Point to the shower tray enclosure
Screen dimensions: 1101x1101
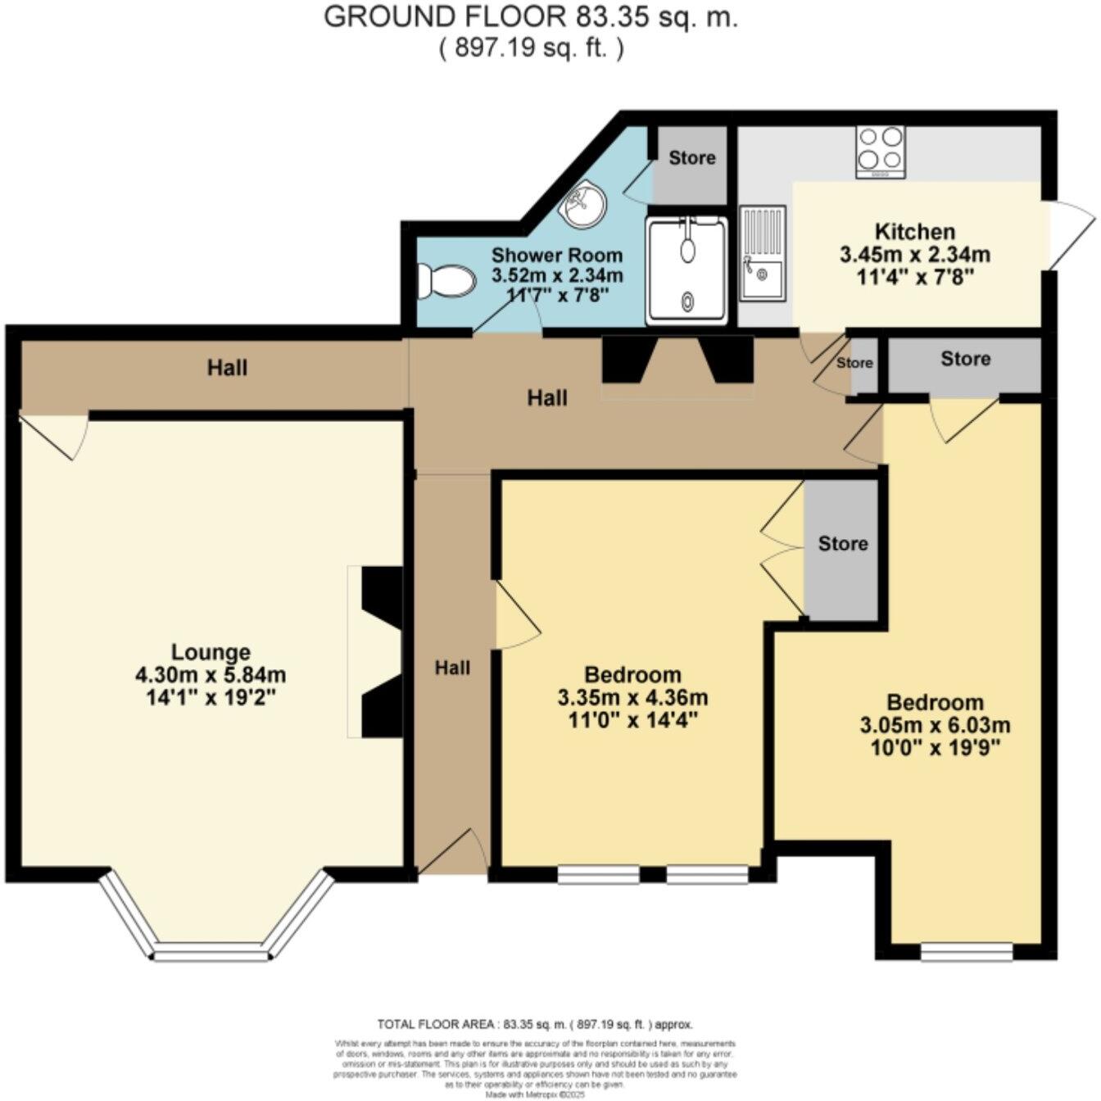tap(686, 270)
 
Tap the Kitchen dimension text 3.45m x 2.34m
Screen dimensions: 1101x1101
tap(914, 255)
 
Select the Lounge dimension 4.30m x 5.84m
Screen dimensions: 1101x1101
tap(211, 675)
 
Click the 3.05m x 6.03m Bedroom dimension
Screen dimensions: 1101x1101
tap(935, 725)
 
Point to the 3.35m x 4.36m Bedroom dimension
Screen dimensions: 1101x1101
tap(632, 698)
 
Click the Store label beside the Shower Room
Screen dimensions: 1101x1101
tap(691, 157)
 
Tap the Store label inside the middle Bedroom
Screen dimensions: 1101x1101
tap(843, 543)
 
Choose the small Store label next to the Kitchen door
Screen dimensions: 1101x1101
tap(854, 363)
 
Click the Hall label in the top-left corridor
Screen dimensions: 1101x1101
tap(227, 368)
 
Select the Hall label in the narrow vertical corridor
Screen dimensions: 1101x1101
tap(452, 668)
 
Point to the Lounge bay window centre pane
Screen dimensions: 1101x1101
tap(211, 954)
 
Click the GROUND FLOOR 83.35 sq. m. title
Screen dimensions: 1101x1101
tap(531, 17)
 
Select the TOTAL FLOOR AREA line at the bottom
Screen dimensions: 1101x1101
tap(535, 1024)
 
